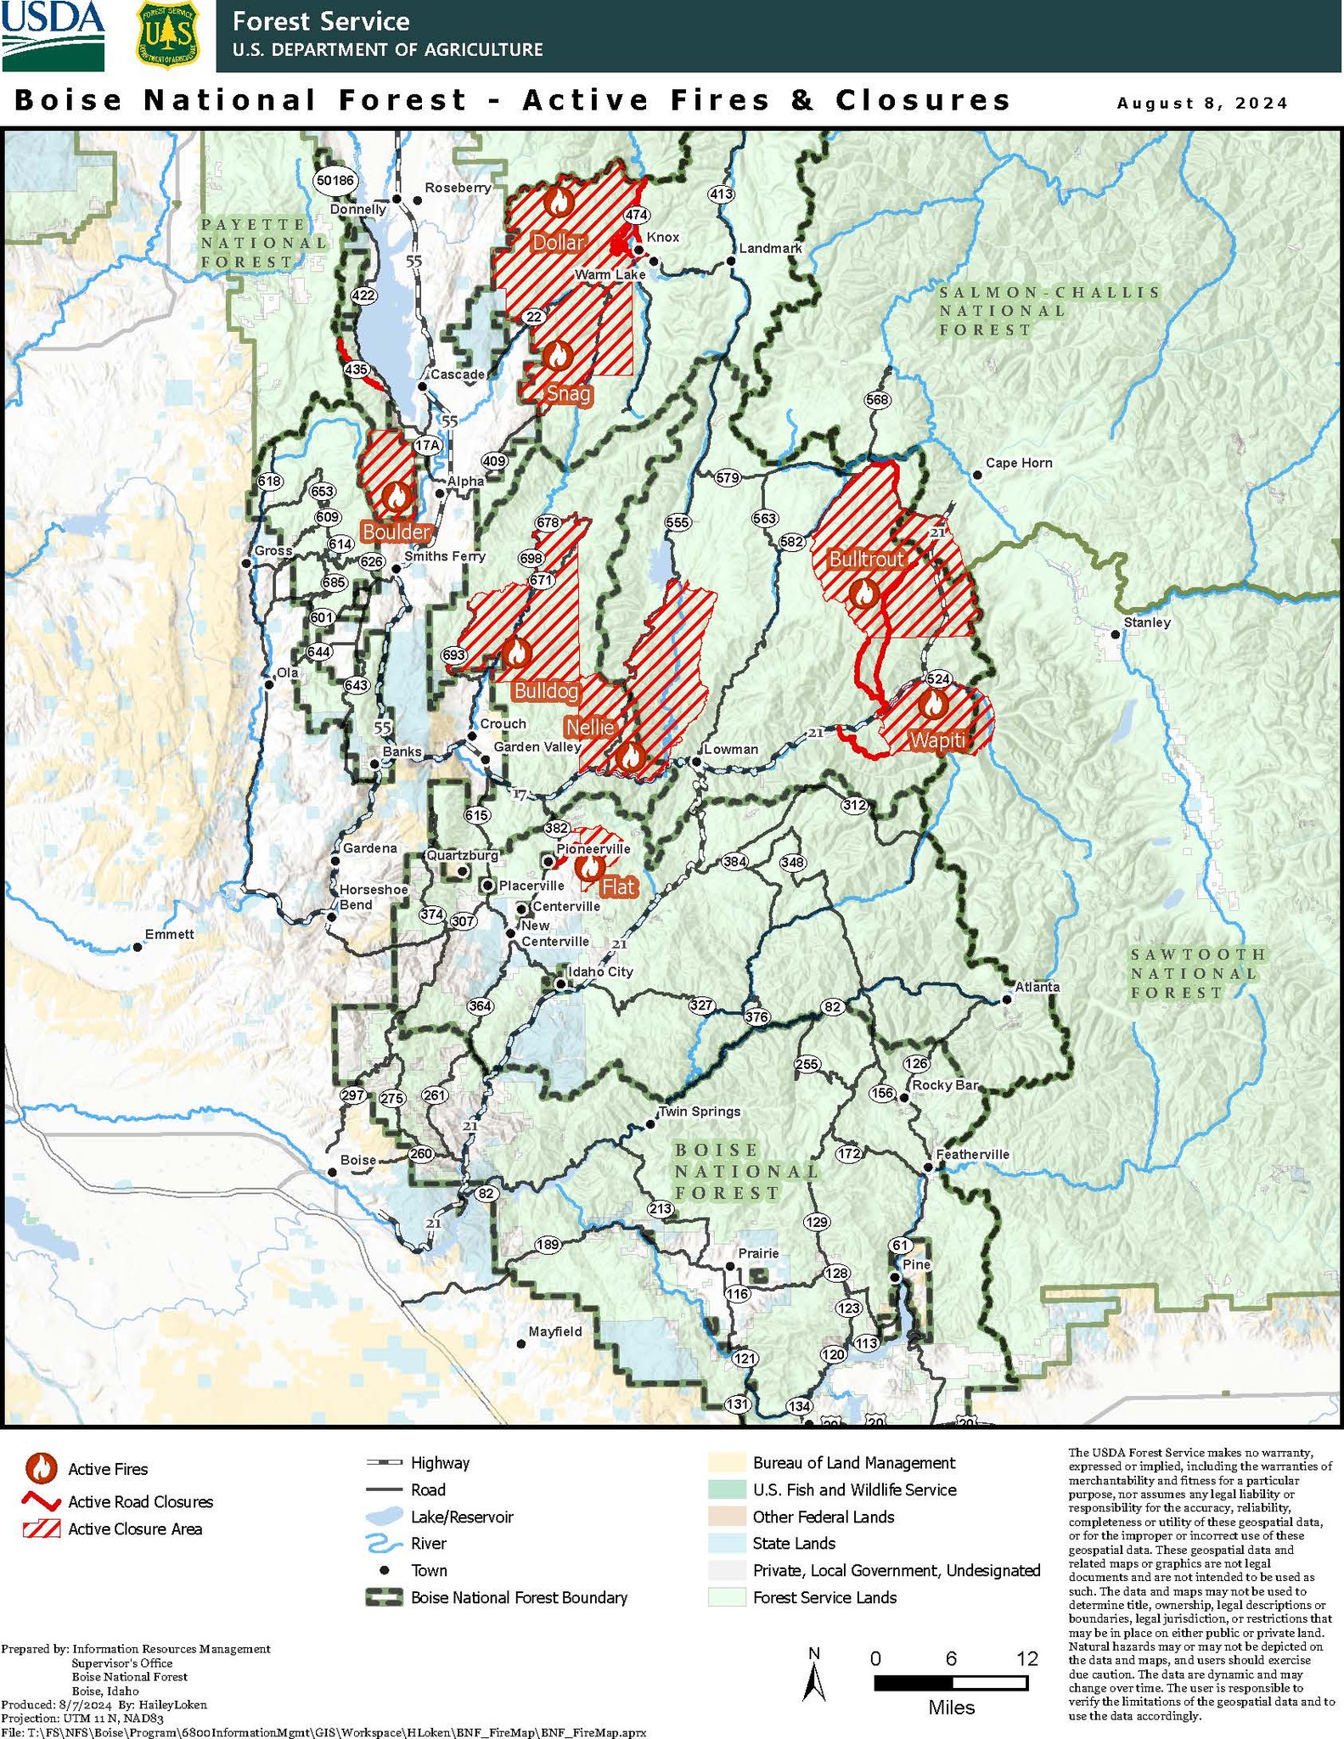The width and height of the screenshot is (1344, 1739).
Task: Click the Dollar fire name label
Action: pos(559,243)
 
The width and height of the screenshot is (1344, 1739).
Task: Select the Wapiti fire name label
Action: pos(937,740)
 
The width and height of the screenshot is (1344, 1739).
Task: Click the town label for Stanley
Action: pos(1146,622)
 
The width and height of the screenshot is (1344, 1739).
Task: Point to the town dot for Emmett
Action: pos(138,947)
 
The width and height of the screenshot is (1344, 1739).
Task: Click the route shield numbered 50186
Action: pos(334,180)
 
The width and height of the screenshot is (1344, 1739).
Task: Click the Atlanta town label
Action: pos(1037,987)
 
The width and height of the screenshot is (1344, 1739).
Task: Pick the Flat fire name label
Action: pos(618,887)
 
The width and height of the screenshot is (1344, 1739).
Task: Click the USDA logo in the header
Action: pos(53,36)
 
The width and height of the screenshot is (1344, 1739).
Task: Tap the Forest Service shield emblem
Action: pos(167,36)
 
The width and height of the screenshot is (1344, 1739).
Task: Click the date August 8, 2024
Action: pos(1201,104)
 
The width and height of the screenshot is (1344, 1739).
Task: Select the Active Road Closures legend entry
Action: pos(140,1502)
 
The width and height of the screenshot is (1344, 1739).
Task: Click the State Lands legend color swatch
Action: pos(726,1544)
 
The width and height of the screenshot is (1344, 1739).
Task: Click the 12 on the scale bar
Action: pos(1026,1658)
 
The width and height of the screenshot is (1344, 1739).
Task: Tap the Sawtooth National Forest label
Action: pos(1197,973)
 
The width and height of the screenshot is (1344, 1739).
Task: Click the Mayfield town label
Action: pos(554,1331)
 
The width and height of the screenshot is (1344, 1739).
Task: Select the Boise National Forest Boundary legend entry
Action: pos(518,1597)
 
